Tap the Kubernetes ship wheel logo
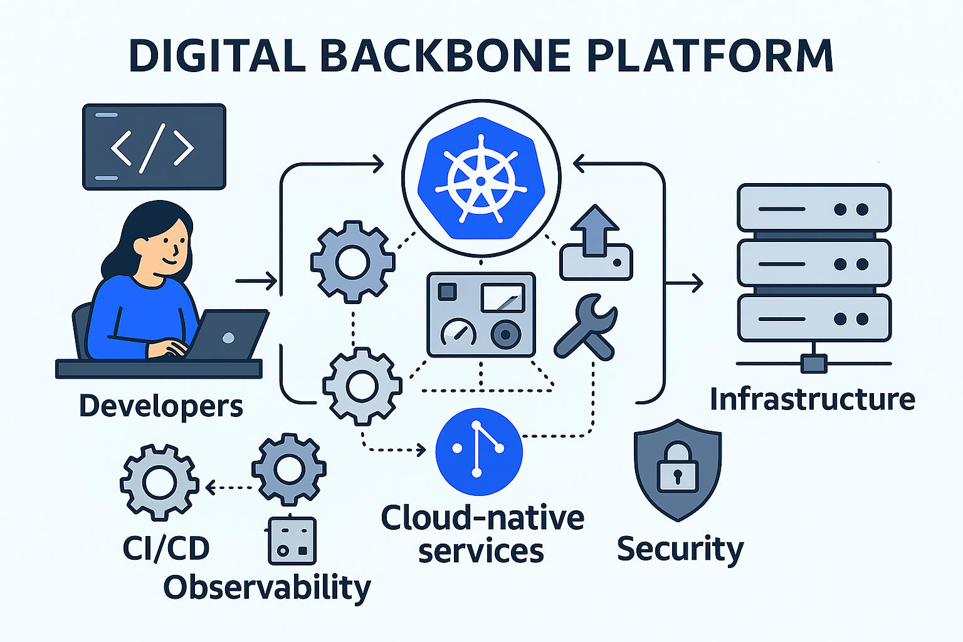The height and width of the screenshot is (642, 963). [x=481, y=179]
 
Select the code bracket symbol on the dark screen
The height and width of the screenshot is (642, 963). [x=152, y=148]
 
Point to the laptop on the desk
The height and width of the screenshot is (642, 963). [x=228, y=335]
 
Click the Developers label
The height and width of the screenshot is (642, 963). [x=160, y=406]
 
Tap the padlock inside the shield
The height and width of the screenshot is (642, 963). [x=677, y=469]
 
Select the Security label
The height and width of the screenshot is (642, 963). [x=680, y=549]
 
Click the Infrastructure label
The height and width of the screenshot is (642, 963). [x=812, y=399]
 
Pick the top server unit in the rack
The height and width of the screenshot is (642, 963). [x=814, y=209]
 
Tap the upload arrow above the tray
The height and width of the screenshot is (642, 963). [x=595, y=230]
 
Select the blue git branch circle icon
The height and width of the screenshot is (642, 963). [x=478, y=451]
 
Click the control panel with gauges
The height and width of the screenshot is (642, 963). [x=481, y=314]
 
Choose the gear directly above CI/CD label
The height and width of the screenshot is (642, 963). [x=159, y=482]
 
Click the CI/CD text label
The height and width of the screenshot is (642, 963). [x=166, y=549]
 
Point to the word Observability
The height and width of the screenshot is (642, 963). [x=267, y=588]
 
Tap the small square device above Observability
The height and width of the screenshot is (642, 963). [x=292, y=540]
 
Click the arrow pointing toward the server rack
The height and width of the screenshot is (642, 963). [x=685, y=283]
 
